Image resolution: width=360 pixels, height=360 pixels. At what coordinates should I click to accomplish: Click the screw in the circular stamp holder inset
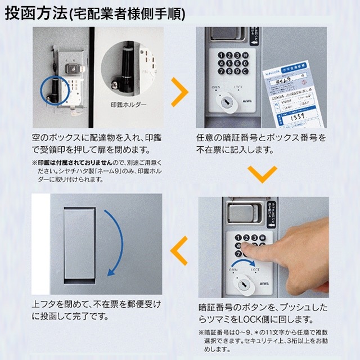point(116,83)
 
